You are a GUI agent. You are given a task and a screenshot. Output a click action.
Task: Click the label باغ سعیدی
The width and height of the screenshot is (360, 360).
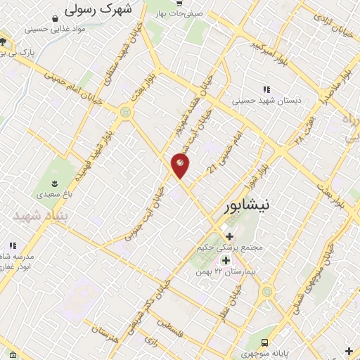54,191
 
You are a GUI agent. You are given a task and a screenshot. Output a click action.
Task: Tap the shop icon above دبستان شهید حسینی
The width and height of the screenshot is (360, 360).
266,89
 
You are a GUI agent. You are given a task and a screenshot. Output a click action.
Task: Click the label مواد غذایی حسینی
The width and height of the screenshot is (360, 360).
55,30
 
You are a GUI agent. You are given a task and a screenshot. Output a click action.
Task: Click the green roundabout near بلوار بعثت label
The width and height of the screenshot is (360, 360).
126,110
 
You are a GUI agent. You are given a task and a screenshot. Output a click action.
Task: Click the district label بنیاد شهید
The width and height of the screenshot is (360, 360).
34,216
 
